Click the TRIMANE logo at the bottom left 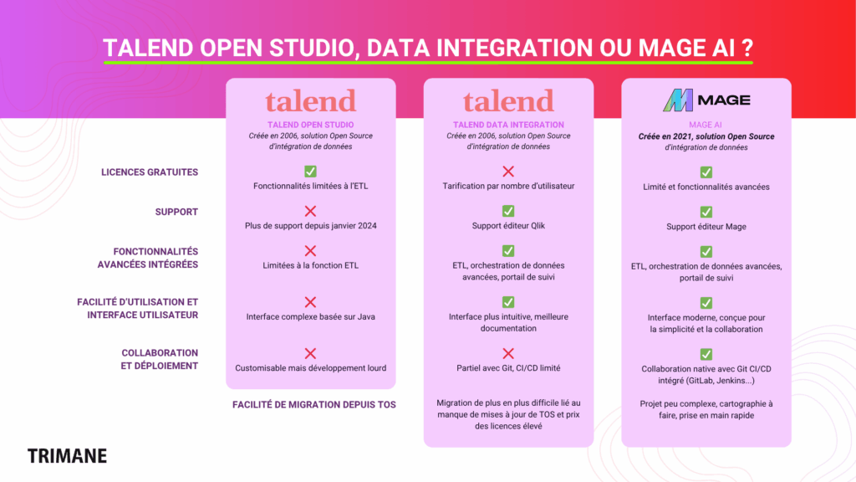click(67, 456)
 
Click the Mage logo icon click(678, 100)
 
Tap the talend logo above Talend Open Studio click(311, 101)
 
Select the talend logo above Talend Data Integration click(508, 101)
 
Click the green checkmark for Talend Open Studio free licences click(311, 171)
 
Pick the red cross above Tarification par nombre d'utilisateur click(508, 171)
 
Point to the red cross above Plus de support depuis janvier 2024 click(311, 211)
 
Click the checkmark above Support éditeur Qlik click(508, 211)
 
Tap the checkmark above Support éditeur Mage click(706, 212)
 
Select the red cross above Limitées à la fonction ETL click(311, 251)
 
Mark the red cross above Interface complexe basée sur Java click(311, 302)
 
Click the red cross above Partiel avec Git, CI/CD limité click(508, 354)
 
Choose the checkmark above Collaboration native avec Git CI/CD click(706, 354)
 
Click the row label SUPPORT click(176, 212)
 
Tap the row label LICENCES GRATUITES click(150, 172)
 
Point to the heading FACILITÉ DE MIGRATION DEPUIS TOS click(314, 405)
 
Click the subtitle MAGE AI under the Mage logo click(706, 126)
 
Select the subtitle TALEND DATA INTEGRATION click(508, 126)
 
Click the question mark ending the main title click(747, 48)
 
